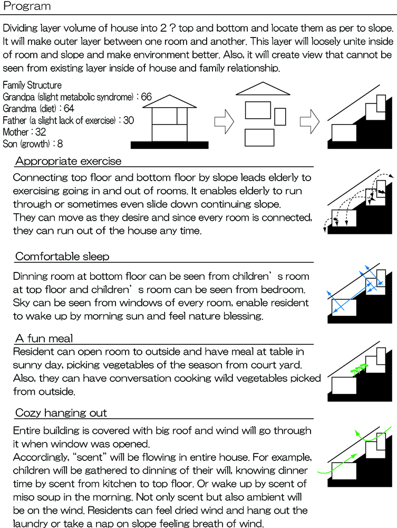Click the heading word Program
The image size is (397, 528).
click(27, 7)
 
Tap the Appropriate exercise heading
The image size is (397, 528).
click(68, 161)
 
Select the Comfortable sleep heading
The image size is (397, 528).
click(62, 257)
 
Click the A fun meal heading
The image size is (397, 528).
click(44, 338)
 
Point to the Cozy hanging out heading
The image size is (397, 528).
click(62, 412)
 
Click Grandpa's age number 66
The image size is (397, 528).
click(147, 97)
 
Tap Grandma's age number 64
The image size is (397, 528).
click(70, 109)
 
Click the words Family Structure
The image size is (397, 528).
click(32, 86)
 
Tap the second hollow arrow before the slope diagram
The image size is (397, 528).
click(308, 121)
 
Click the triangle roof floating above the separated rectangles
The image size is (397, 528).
click(261, 89)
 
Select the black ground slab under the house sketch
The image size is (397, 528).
click(169, 145)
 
